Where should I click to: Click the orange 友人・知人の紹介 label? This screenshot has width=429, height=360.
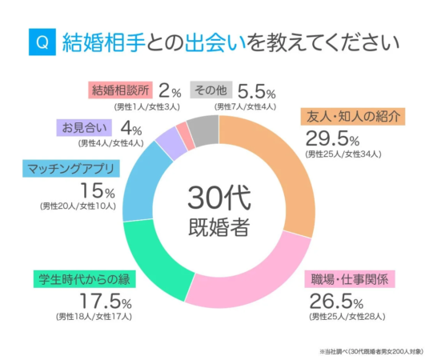click(x=350, y=116)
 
